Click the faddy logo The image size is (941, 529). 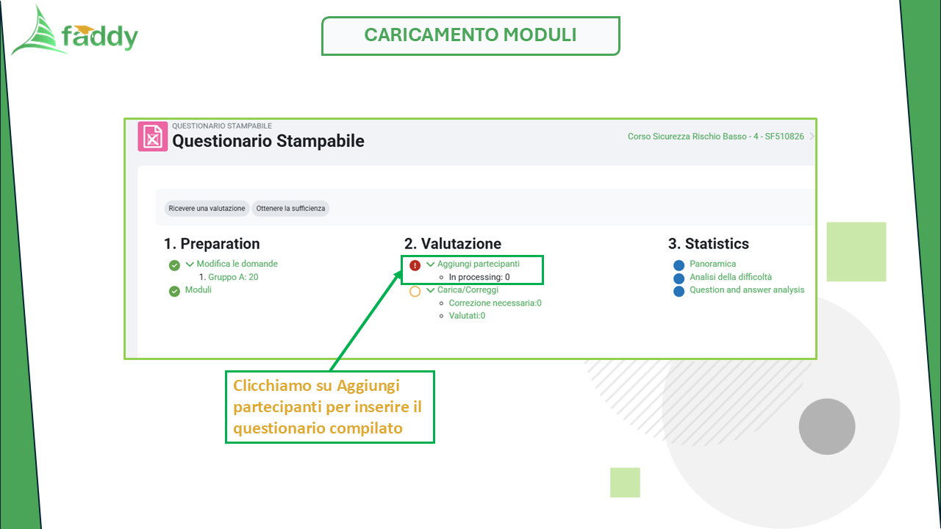[x=75, y=32]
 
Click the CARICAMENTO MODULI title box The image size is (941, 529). [x=470, y=36]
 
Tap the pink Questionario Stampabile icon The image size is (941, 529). [x=153, y=137]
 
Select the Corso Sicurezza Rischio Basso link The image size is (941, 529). [x=715, y=137]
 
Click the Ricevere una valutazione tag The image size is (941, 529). [x=207, y=208]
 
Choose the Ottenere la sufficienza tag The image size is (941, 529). [x=290, y=208]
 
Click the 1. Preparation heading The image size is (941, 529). [x=212, y=243]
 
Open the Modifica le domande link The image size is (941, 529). [x=237, y=264]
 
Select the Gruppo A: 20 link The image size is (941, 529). [x=233, y=277]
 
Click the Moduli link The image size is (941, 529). [x=198, y=289]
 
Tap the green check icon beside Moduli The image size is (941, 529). [x=174, y=291]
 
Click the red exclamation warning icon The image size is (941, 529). [x=415, y=265]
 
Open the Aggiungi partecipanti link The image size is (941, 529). [x=479, y=264]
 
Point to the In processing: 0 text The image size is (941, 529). [x=479, y=277]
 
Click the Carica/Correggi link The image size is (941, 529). [x=468, y=289]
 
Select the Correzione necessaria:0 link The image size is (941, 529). [x=495, y=303]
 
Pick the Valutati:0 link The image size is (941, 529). [x=467, y=316]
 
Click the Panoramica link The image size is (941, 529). [x=713, y=264]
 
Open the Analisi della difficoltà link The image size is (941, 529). [x=731, y=277]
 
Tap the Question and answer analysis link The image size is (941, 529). [x=747, y=289]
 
